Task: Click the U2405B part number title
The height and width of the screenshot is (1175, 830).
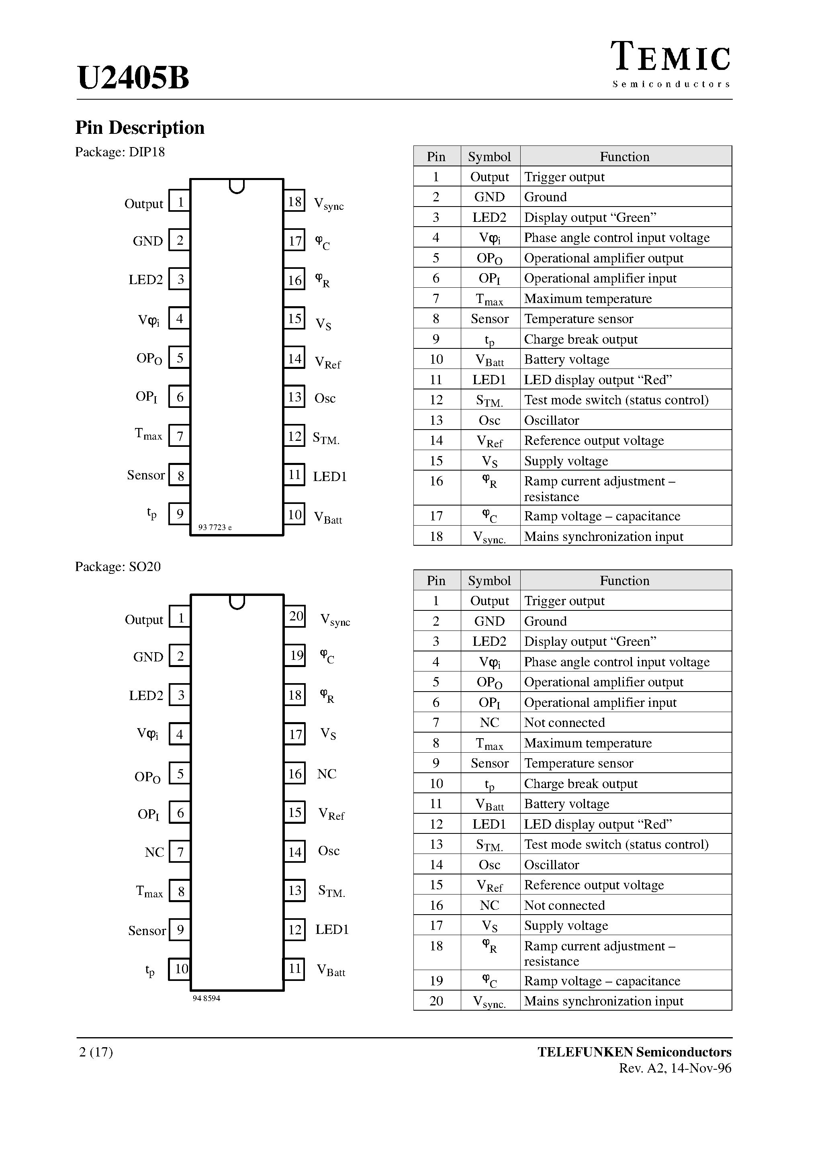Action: (x=133, y=78)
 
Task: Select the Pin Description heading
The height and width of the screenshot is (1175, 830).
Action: (x=140, y=127)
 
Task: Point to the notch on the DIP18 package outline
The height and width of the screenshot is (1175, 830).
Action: (x=236, y=186)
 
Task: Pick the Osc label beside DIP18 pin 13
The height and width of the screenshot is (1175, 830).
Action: (x=325, y=398)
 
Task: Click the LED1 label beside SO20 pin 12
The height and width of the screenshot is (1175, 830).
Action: (x=331, y=929)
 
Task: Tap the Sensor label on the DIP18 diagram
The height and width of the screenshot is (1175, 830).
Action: (x=146, y=475)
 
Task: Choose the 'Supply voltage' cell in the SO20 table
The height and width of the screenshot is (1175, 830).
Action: (x=566, y=925)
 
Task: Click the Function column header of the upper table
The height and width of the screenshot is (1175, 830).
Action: (x=624, y=157)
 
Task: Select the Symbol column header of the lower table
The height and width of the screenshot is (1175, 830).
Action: (x=489, y=580)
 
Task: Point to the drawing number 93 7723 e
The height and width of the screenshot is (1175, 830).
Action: (x=215, y=528)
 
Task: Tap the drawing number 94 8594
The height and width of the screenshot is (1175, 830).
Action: (x=206, y=998)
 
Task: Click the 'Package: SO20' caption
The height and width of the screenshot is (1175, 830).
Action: (x=118, y=567)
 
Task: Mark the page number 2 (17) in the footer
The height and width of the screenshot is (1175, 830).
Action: (x=96, y=1052)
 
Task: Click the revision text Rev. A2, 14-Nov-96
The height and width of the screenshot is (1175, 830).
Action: (x=675, y=1068)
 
